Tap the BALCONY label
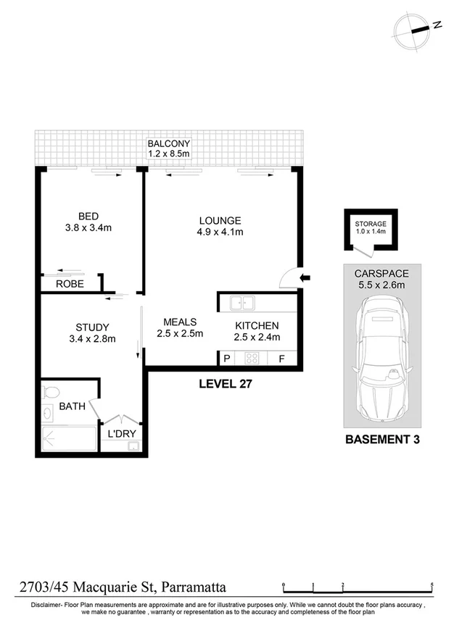pos(168,143)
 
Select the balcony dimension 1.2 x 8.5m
pos(168,154)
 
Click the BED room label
pos(88,216)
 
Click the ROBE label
pos(70,285)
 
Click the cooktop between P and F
pos(253,358)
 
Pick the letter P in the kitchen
pos(226,359)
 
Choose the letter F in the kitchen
pos(281,359)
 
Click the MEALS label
pos(180,322)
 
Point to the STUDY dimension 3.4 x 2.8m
pos(91,338)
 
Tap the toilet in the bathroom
pos(50,393)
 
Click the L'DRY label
pos(122,434)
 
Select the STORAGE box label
pos(370,224)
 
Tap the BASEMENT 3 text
pos(381,439)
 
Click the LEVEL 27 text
pos(225,384)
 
